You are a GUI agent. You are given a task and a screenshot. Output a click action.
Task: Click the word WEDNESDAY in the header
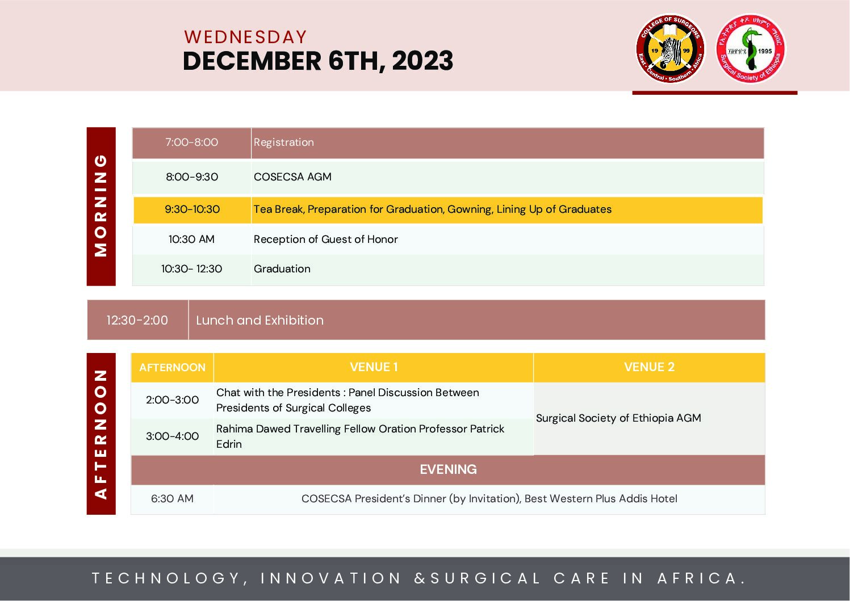coord(245,37)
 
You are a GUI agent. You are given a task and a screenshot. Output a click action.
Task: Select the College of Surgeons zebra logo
coord(671,49)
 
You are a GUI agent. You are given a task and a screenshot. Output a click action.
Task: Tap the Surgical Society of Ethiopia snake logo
coord(751,49)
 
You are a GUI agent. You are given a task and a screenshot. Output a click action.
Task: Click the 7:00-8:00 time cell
coord(191,142)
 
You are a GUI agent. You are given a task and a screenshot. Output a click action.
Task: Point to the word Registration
coord(284,142)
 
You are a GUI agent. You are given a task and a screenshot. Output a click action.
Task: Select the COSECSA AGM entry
coord(292,176)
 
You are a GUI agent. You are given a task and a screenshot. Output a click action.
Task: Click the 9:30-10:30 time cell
coord(192,209)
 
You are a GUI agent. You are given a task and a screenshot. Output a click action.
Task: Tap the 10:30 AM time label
coord(191,239)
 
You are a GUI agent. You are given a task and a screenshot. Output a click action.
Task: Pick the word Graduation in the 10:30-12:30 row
coord(282,269)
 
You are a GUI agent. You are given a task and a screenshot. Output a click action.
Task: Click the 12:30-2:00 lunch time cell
coord(137,320)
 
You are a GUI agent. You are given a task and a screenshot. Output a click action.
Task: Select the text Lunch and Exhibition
coord(260,320)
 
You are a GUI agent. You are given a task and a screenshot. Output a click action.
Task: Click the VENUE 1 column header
coord(374,367)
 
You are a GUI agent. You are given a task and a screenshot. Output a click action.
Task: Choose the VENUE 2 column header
coord(649,367)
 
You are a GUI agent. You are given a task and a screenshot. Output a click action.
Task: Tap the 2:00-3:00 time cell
coord(172,400)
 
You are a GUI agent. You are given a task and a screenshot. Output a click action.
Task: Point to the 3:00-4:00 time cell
coord(172,436)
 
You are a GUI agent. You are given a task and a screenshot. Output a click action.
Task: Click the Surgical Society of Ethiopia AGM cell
coord(649,418)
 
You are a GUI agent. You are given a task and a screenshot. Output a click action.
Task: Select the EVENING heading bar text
coord(448,469)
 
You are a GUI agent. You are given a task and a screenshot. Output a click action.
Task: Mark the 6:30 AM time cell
coord(172,499)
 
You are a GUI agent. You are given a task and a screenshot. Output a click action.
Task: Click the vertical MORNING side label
coord(101,206)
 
